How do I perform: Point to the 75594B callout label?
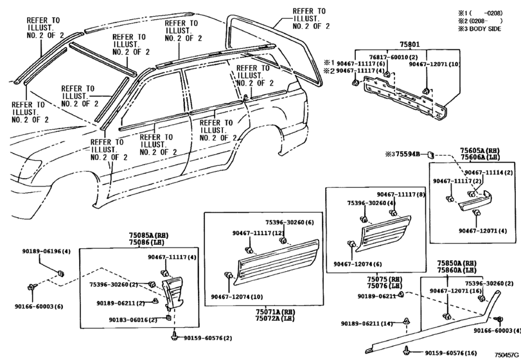[406, 154]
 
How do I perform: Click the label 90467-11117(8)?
[401, 194]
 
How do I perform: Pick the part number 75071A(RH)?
[265, 310]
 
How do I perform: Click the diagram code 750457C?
[506, 355]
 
